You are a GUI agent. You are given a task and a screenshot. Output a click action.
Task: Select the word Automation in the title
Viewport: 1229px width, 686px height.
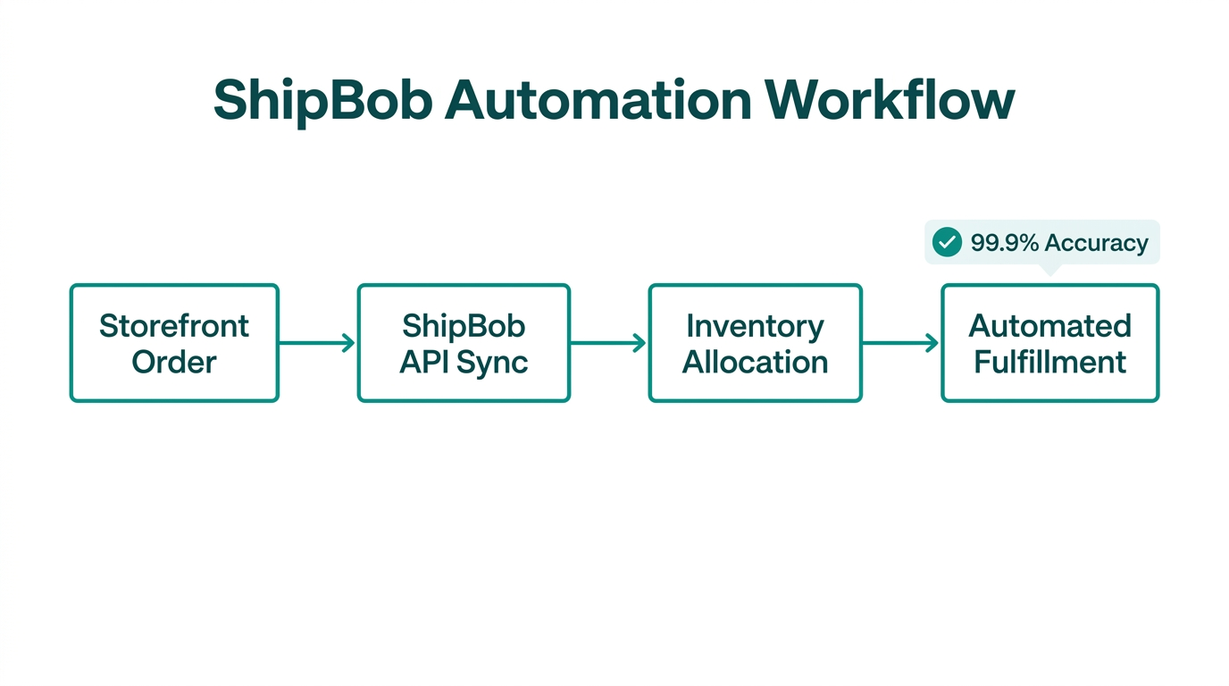(x=598, y=100)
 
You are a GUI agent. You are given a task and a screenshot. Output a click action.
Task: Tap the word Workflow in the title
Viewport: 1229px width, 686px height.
(x=890, y=100)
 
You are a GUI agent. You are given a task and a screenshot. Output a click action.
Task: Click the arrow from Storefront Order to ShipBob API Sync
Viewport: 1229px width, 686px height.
(x=317, y=343)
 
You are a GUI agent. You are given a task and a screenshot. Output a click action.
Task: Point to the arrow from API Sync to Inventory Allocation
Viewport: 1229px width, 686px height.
(x=608, y=343)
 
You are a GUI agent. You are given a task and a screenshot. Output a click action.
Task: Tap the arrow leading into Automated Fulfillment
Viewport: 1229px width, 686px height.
(x=900, y=343)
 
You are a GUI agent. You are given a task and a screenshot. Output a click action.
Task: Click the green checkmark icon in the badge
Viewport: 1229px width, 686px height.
(x=947, y=242)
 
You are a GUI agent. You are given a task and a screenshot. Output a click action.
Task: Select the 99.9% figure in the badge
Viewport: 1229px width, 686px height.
(x=1004, y=243)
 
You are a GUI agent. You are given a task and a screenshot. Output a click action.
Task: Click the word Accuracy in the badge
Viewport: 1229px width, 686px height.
(x=1096, y=243)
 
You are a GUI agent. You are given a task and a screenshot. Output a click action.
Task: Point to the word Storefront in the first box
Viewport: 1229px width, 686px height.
(x=174, y=326)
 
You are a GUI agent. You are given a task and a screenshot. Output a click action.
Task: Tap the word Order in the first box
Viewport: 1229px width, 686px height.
(x=174, y=363)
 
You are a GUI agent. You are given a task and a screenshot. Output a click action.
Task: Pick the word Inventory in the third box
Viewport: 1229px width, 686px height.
(x=755, y=326)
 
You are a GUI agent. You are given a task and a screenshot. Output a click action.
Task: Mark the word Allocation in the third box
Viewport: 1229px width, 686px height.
(x=755, y=363)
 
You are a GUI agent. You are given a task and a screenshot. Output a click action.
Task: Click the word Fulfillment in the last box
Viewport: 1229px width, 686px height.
(x=1049, y=363)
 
